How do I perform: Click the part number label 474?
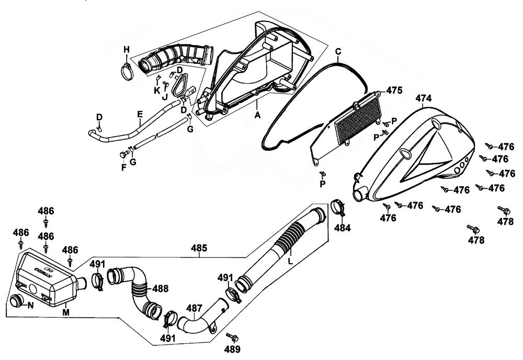coord(425,98)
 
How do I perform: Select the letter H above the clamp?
coord(126,50)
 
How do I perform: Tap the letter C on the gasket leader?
coord(338,51)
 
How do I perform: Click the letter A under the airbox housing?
coord(257,112)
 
